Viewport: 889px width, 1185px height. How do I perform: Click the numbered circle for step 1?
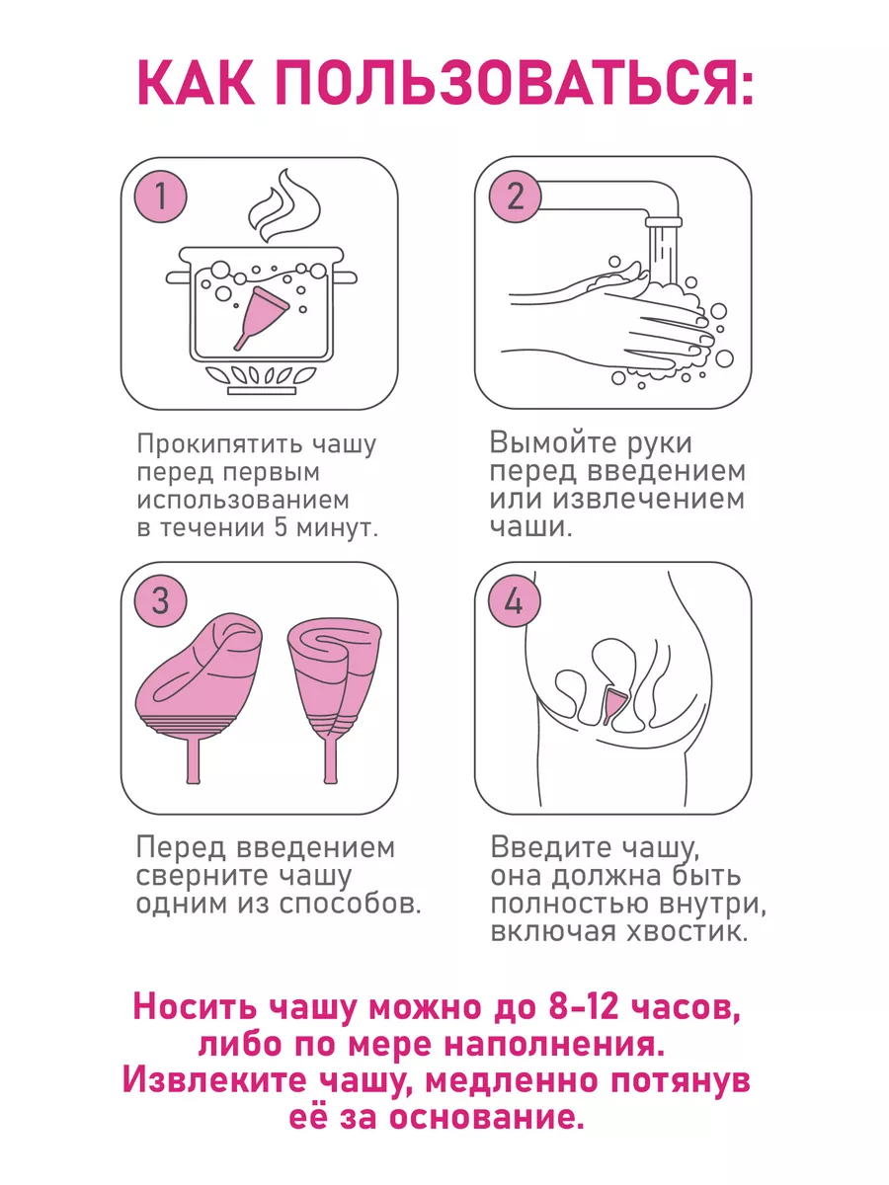click(160, 196)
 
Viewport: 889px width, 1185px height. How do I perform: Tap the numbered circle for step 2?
click(515, 196)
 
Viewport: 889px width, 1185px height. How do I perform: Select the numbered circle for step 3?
click(160, 599)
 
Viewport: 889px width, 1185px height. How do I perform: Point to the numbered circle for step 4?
click(515, 599)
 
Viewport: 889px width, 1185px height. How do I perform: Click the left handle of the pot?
click(179, 277)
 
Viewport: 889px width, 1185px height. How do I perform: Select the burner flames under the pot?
click(261, 374)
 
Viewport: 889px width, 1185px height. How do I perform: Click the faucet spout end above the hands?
click(664, 222)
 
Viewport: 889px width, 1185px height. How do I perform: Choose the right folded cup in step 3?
click(335, 701)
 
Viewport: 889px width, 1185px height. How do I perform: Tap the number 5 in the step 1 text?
click(281, 527)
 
